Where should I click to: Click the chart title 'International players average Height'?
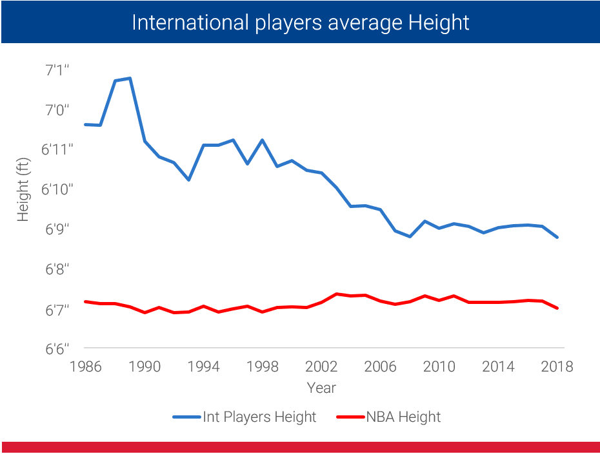click(300, 23)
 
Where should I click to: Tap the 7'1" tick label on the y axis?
click(57, 70)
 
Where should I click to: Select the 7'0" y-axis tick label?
click(57, 109)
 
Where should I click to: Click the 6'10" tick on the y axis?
click(57, 189)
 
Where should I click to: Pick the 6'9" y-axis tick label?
click(57, 229)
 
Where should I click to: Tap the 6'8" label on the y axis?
click(57, 269)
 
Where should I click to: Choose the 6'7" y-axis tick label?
click(57, 310)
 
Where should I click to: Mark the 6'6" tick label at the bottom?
click(57, 349)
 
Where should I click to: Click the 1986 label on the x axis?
click(86, 366)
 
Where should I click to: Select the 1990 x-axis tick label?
click(145, 366)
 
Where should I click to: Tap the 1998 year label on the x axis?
click(263, 366)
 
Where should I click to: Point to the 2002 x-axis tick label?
click(321, 366)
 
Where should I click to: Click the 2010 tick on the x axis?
click(439, 366)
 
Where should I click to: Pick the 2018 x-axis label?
click(557, 366)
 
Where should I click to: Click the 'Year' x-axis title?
click(321, 388)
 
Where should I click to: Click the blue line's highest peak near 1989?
click(130, 79)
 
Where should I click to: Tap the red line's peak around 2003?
click(336, 294)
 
